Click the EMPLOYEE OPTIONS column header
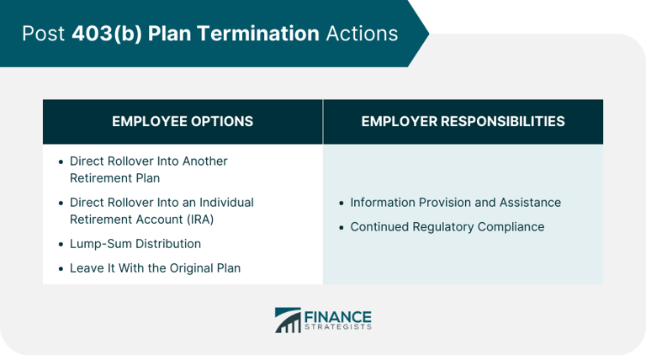coord(183,121)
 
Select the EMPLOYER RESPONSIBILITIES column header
coord(463,121)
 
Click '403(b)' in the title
coord(101,34)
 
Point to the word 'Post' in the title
coord(45,34)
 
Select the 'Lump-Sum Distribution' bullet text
coord(135,244)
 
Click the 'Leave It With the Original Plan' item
coord(155,268)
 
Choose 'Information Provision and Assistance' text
coord(455,203)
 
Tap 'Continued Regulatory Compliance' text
coord(447,227)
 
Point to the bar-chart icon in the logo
coord(288,320)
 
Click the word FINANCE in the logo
coord(337,315)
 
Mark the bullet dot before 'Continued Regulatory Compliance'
coord(341,228)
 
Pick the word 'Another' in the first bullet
coord(204,161)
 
